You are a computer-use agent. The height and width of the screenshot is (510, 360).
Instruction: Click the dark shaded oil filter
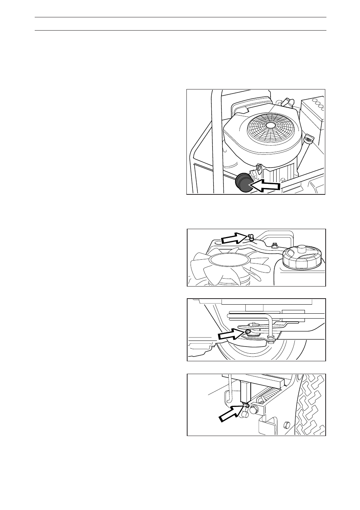click(x=243, y=183)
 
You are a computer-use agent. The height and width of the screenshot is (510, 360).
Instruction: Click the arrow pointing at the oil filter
click(x=266, y=185)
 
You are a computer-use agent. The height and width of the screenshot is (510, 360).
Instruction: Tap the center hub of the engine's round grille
click(x=270, y=125)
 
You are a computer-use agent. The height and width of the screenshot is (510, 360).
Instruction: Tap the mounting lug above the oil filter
click(x=259, y=169)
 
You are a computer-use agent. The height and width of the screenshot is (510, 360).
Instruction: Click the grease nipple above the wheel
click(x=248, y=331)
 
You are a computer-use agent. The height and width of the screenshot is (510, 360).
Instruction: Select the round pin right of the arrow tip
click(x=253, y=409)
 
